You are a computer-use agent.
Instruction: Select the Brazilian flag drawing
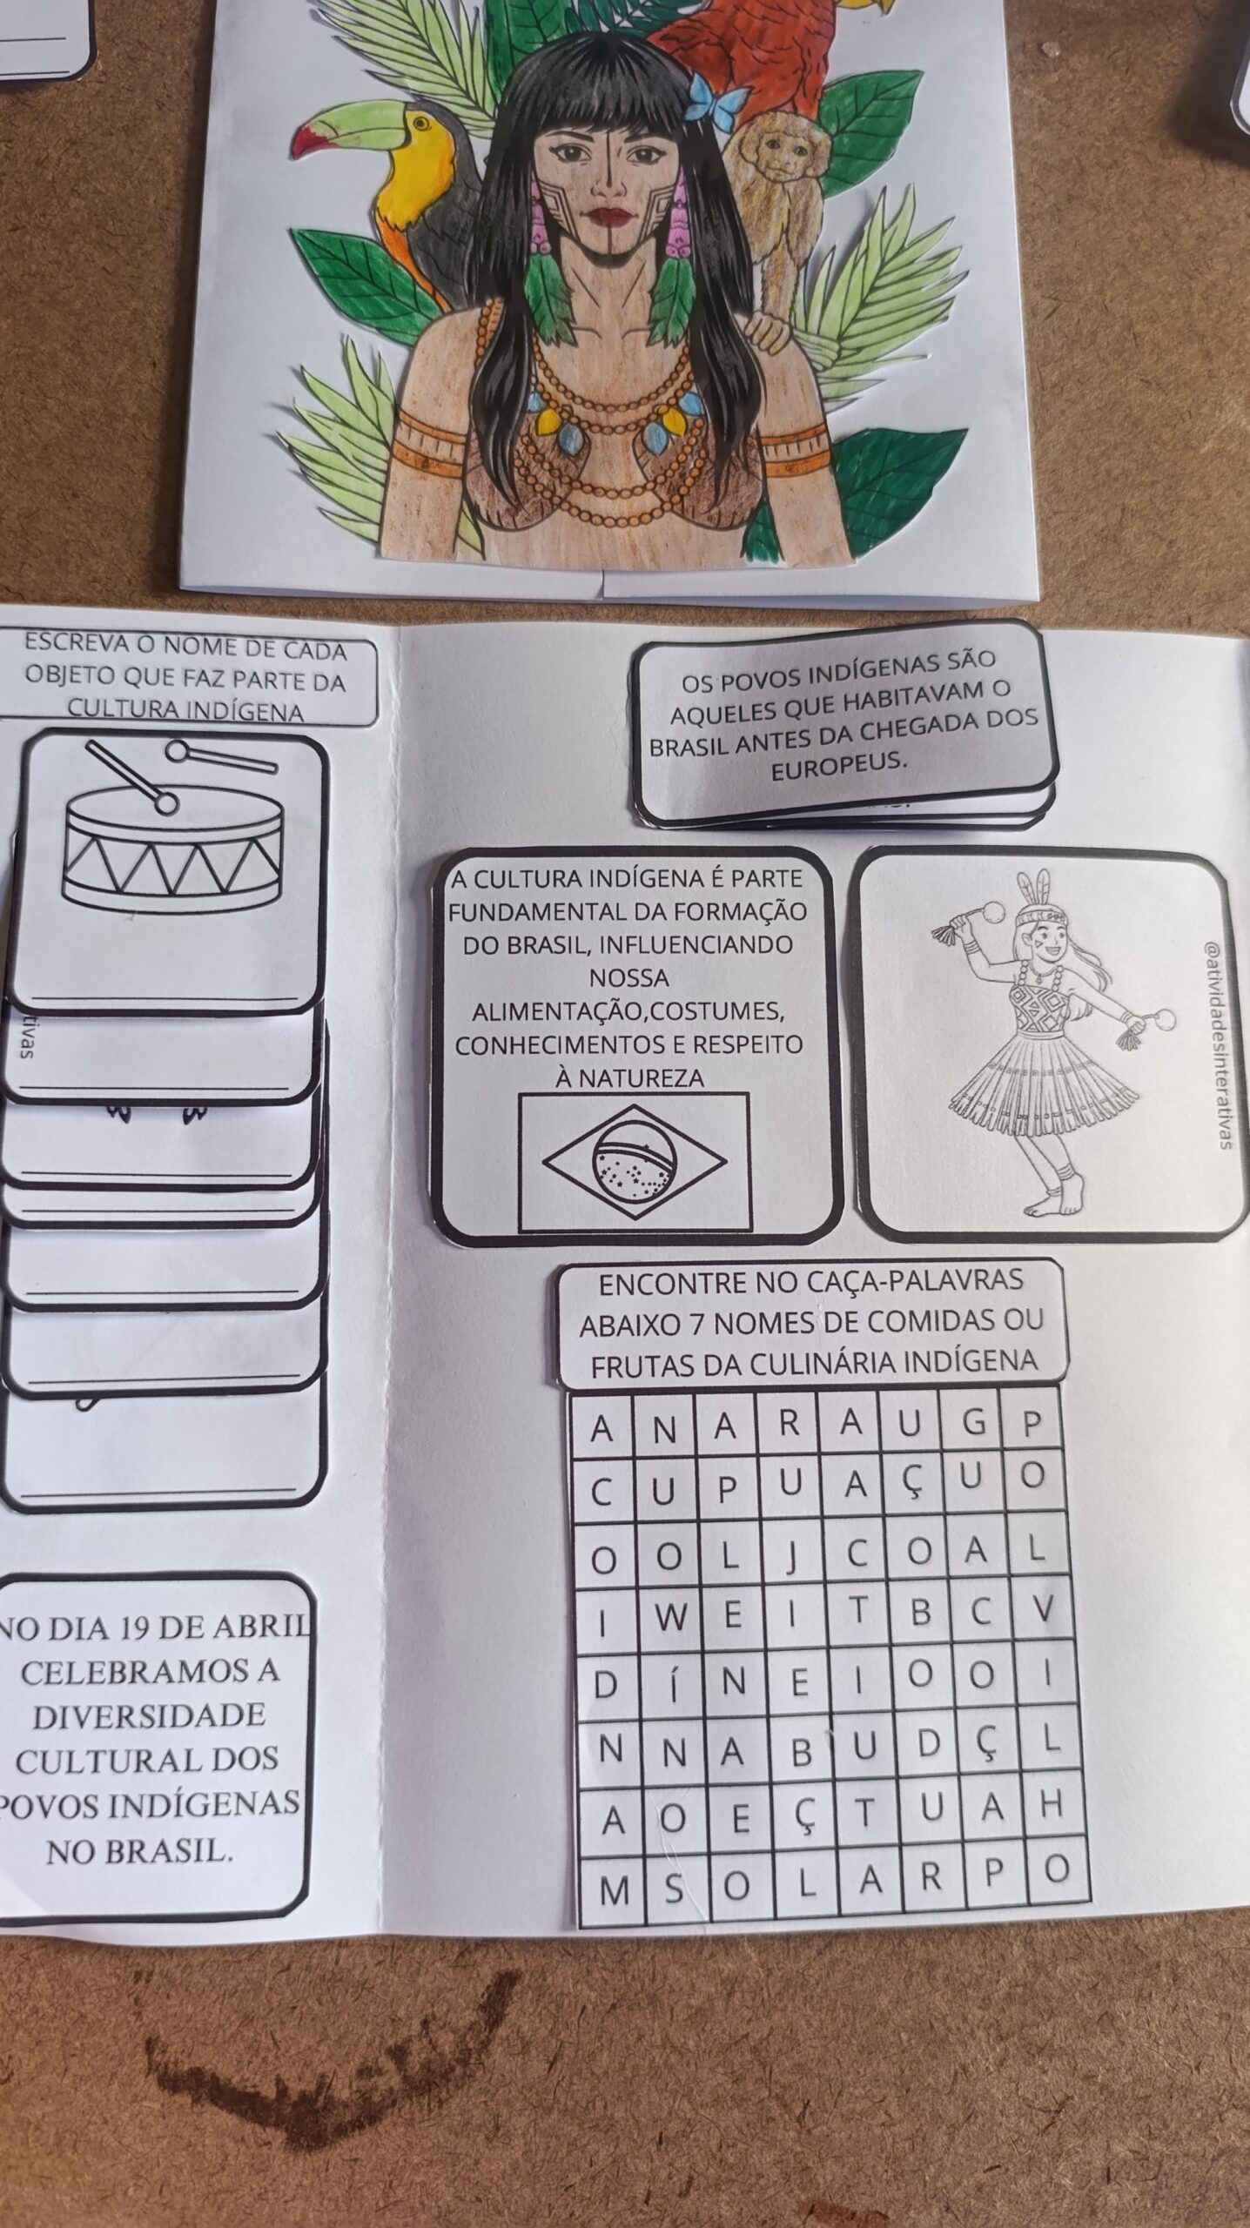pyautogui.click(x=634, y=1162)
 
